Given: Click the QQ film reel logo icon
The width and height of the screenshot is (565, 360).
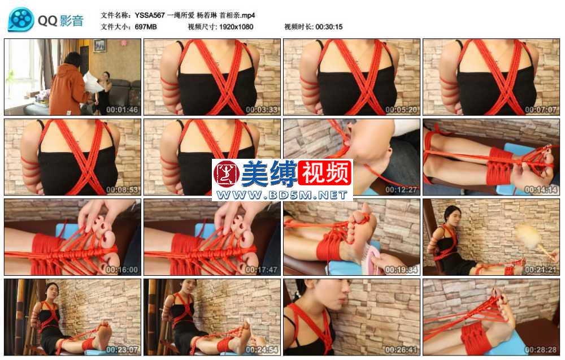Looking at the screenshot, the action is point(21,19).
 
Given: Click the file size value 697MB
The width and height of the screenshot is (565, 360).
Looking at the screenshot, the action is point(146,27).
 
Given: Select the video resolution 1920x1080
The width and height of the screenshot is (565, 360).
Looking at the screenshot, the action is point(236,27).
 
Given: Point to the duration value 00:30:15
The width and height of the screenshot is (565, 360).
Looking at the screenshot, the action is point(329,27).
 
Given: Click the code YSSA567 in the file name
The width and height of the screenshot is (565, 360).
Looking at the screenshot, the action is point(150,15).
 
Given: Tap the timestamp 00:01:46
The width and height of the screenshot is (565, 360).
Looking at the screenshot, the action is point(122,110).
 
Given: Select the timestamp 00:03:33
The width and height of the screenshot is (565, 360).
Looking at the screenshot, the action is point(262,110).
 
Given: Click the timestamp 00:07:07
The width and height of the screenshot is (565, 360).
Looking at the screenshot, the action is point(541,110).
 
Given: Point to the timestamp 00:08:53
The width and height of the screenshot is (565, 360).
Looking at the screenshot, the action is point(122,189).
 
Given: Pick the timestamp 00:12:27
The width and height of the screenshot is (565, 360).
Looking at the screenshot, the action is point(401,189).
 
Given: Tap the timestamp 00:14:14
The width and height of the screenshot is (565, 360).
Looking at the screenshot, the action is point(541,189).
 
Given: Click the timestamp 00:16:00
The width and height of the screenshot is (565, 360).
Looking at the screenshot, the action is point(122,270).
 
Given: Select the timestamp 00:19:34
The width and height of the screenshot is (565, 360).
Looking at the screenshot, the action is point(401,270).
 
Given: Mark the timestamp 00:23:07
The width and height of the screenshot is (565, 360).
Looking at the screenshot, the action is point(122,350).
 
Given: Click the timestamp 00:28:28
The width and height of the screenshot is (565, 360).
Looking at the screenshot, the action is point(541,350).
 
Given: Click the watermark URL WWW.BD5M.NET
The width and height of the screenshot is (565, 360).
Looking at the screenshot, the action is point(282,195).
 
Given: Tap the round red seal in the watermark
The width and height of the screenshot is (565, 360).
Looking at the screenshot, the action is point(227,174).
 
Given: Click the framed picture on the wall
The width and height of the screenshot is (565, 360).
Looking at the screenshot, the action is point(100,46).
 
